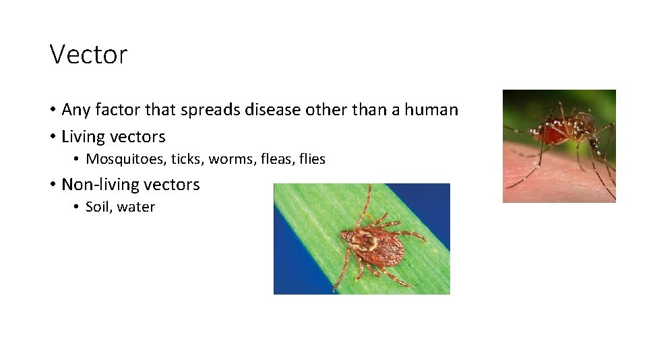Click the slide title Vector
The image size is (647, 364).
pyautogui.click(x=88, y=55)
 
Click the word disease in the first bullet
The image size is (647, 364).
pyautogui.click(x=286, y=109)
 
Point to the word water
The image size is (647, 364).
pyautogui.click(x=136, y=208)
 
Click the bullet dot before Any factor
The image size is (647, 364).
pyautogui.click(x=53, y=110)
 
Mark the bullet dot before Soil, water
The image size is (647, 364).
pyautogui.click(x=78, y=208)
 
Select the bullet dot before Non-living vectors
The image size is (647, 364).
pyautogui.click(x=53, y=185)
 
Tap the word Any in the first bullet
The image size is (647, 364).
pyautogui.click(x=76, y=110)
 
